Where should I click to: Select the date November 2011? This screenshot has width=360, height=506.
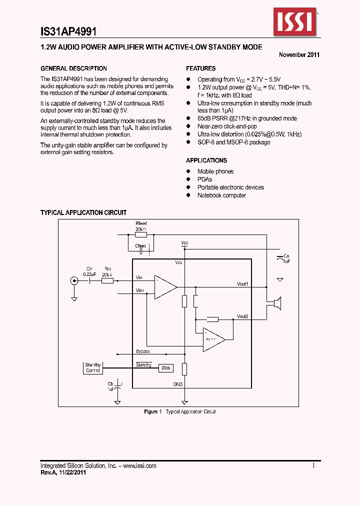point(299,55)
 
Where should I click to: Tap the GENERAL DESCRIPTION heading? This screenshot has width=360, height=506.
point(73,68)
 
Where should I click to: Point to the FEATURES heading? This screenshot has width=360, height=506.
point(201,68)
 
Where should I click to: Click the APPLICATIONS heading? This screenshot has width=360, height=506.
point(206,160)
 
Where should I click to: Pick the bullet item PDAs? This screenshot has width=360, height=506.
point(204,179)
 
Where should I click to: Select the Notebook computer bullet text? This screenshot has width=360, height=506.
point(221,195)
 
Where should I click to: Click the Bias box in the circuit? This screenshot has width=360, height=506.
point(166,368)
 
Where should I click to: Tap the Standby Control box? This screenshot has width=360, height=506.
point(93,368)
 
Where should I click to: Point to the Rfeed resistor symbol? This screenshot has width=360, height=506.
point(141,234)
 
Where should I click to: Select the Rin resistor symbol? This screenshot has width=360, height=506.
point(107,281)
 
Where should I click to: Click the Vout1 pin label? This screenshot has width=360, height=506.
point(242,284)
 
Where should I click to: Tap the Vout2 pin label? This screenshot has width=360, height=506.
point(242,316)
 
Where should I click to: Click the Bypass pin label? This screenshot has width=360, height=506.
point(142,351)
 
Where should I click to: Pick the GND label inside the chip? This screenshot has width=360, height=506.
point(177,384)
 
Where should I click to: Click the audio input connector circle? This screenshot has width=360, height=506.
point(74,281)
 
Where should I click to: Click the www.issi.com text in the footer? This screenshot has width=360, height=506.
point(138,466)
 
